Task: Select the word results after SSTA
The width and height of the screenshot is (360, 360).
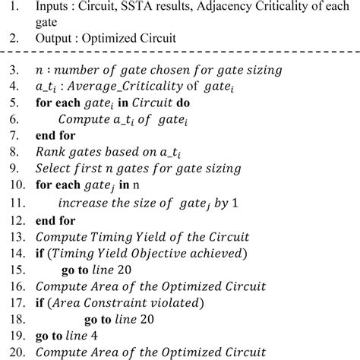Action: pos(200,9)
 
